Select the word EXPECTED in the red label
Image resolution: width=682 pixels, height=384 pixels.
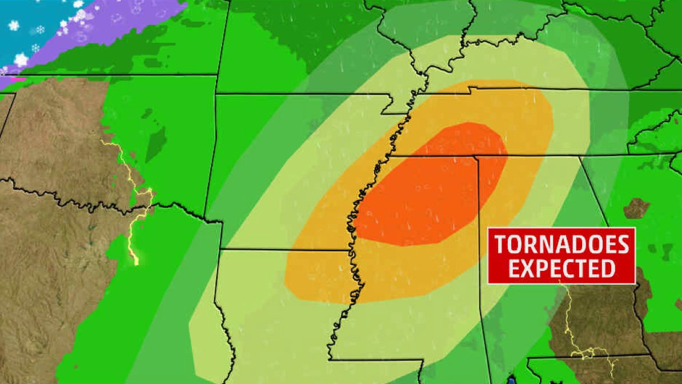pyautogui.click(x=561, y=268)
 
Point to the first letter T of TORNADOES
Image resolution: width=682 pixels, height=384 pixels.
pyautogui.click(x=500, y=245)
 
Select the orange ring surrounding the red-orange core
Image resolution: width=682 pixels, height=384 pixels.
pyautogui.click(x=320, y=269)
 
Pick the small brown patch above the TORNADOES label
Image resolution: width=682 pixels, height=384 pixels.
pyautogui.click(x=636, y=208)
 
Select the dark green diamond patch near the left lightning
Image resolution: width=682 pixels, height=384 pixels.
pyautogui.click(x=155, y=143)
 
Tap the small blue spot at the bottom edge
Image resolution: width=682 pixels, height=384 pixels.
pyautogui.click(x=511, y=379)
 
